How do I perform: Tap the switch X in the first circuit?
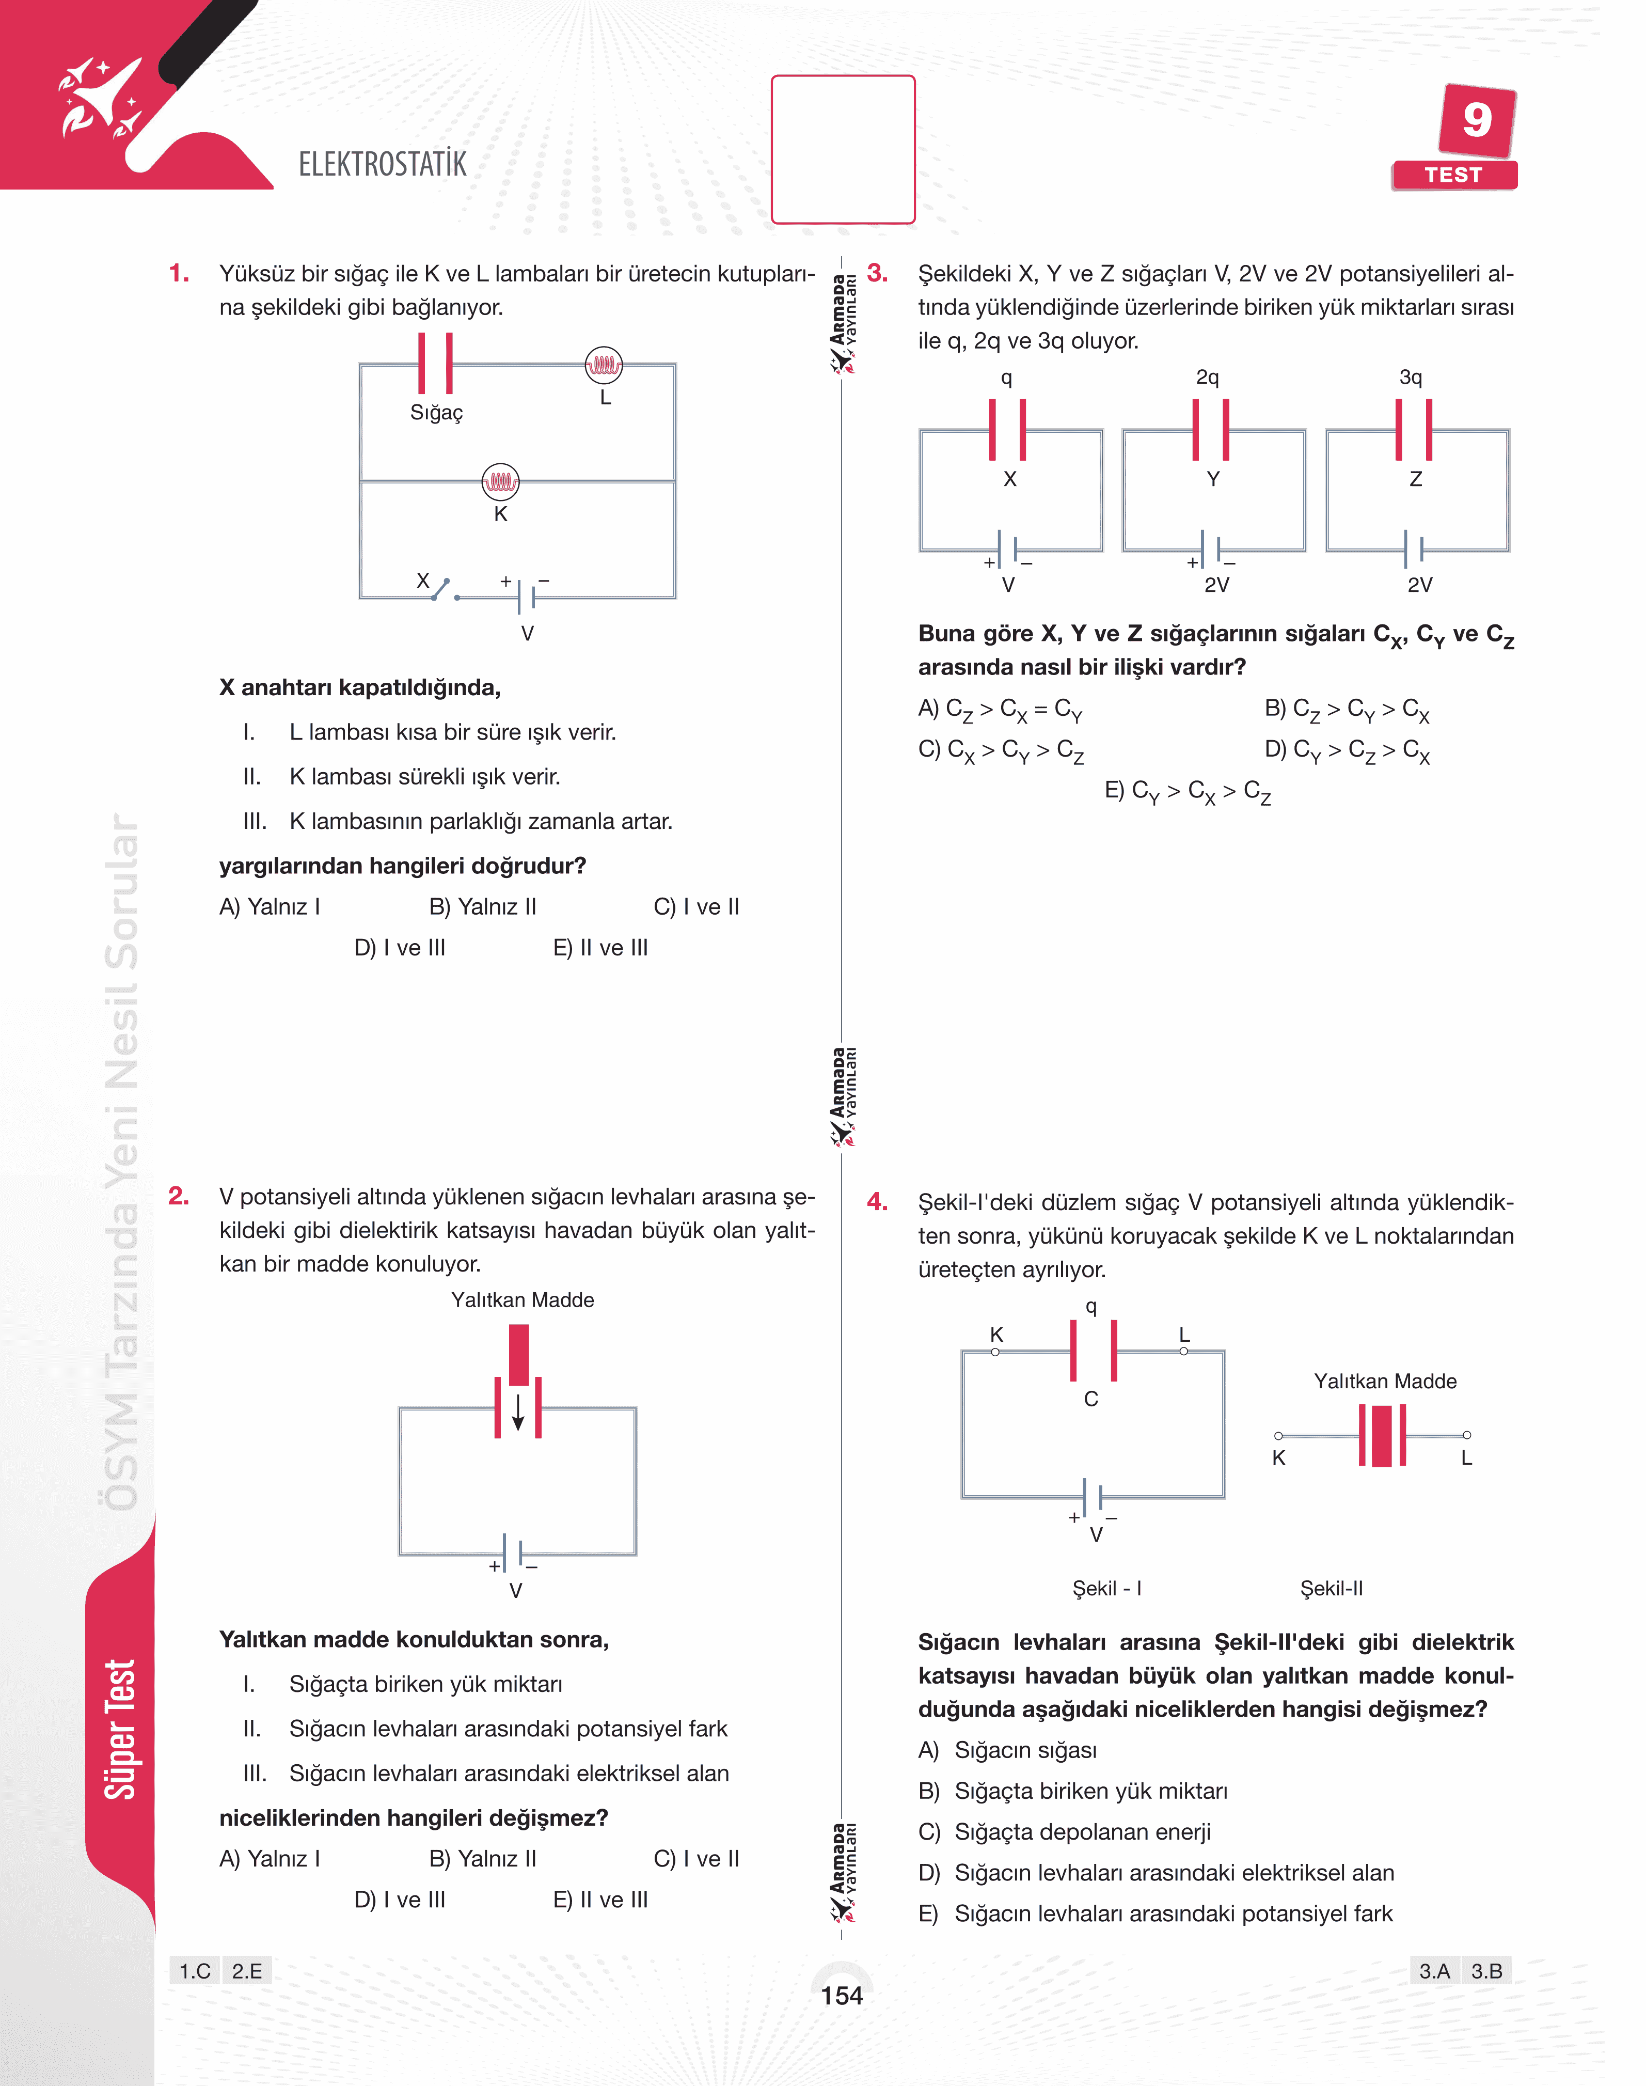(x=440, y=588)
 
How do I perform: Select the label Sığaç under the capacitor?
(x=437, y=413)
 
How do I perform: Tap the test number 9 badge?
(x=1476, y=120)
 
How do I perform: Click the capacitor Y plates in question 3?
(x=1210, y=430)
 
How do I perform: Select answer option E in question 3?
(x=1188, y=791)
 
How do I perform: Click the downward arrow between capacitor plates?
(x=517, y=1412)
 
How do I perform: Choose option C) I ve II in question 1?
(x=696, y=907)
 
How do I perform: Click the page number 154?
(x=841, y=1996)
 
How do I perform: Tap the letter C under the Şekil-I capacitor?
(x=1091, y=1399)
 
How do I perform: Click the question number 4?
(x=877, y=1202)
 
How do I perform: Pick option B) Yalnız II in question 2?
(x=482, y=1859)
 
